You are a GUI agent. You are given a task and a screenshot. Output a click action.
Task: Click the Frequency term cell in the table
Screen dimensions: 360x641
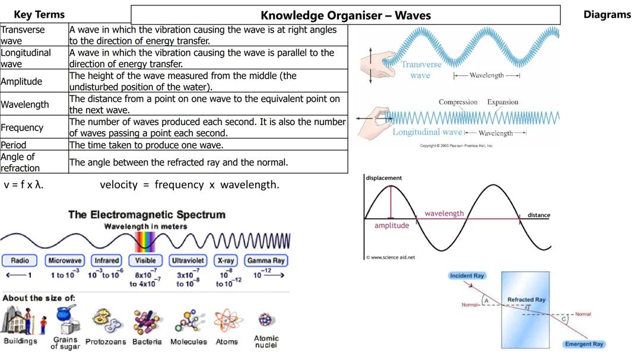click(x=22, y=128)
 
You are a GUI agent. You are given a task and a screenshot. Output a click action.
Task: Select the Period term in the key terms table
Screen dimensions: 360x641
click(x=14, y=145)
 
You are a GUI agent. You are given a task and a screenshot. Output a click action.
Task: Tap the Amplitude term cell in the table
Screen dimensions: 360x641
click(x=21, y=81)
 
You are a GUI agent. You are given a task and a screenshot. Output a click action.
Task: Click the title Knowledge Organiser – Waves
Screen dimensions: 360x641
click(x=345, y=15)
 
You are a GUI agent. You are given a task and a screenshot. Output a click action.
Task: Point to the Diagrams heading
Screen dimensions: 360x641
click(x=607, y=15)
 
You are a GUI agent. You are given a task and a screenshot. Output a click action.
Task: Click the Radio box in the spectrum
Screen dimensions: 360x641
click(x=20, y=260)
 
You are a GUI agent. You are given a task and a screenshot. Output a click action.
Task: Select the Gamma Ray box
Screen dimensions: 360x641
click(x=266, y=260)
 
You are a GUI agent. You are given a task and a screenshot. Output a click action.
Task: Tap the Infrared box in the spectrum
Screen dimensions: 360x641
click(x=107, y=260)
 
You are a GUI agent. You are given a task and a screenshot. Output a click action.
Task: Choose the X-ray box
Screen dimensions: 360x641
click(x=226, y=260)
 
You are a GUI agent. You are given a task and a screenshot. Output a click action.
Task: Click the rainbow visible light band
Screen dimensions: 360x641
click(x=145, y=241)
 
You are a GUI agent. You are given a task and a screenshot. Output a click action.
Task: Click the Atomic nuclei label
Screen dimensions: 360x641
click(x=266, y=342)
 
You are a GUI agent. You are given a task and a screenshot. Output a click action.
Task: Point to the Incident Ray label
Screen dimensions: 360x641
click(x=467, y=276)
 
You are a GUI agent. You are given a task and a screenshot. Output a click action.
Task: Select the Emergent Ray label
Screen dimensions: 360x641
click(x=584, y=344)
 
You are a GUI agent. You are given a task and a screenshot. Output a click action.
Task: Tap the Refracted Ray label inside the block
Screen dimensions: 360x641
click(x=526, y=300)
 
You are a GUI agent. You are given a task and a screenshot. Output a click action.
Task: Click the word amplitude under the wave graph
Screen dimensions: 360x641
click(x=392, y=225)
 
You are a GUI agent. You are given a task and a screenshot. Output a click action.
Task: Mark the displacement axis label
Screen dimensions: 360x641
click(x=384, y=178)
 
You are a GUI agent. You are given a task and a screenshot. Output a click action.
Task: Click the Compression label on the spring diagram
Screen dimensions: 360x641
click(x=458, y=102)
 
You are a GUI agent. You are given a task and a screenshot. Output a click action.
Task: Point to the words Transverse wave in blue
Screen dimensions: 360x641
click(x=421, y=70)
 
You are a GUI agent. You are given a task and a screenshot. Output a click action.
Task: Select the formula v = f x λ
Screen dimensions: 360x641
click(x=24, y=184)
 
